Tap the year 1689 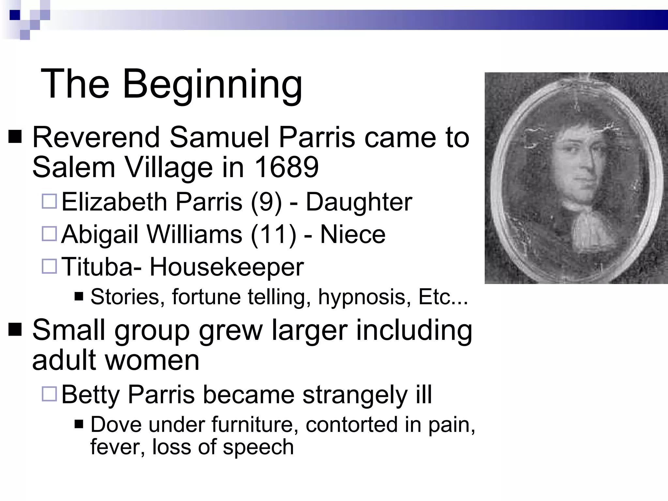286,167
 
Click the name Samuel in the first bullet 219,137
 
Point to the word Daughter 359,202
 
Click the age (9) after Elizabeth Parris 266,202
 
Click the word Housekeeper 226,267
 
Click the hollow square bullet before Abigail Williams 50,234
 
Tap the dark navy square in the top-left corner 15,15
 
